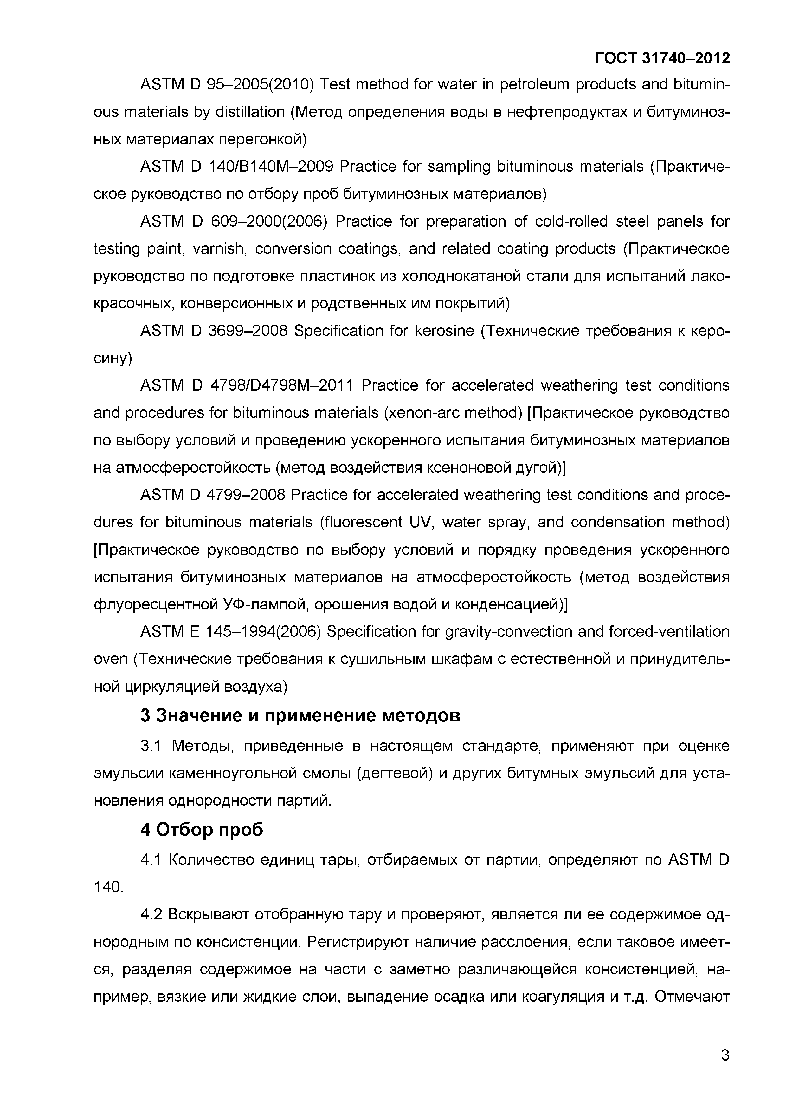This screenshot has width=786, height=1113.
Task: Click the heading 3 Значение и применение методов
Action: [x=300, y=715]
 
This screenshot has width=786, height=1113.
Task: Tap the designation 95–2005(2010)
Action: [x=261, y=85]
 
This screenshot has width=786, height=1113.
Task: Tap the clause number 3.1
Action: [x=151, y=746]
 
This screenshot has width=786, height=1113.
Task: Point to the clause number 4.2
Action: [x=150, y=915]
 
